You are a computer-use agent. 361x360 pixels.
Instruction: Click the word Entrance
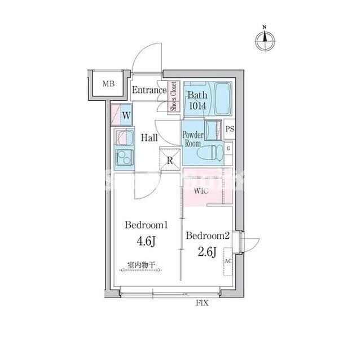pyautogui.click(x=149, y=90)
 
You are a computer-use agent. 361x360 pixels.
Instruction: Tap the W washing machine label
pyautogui.click(x=126, y=115)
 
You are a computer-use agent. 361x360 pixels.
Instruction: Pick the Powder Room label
pyautogui.click(x=192, y=139)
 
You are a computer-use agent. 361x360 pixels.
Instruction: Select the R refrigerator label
pyautogui.click(x=170, y=160)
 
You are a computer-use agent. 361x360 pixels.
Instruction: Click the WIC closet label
pyautogui.click(x=201, y=191)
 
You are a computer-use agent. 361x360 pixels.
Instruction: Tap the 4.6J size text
pyautogui.click(x=147, y=242)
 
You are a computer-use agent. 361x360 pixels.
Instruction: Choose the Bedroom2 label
pyautogui.click(x=208, y=235)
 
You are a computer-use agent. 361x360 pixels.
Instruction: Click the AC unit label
pyautogui.click(x=228, y=261)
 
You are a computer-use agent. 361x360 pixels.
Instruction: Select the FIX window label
pyautogui.click(x=202, y=304)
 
